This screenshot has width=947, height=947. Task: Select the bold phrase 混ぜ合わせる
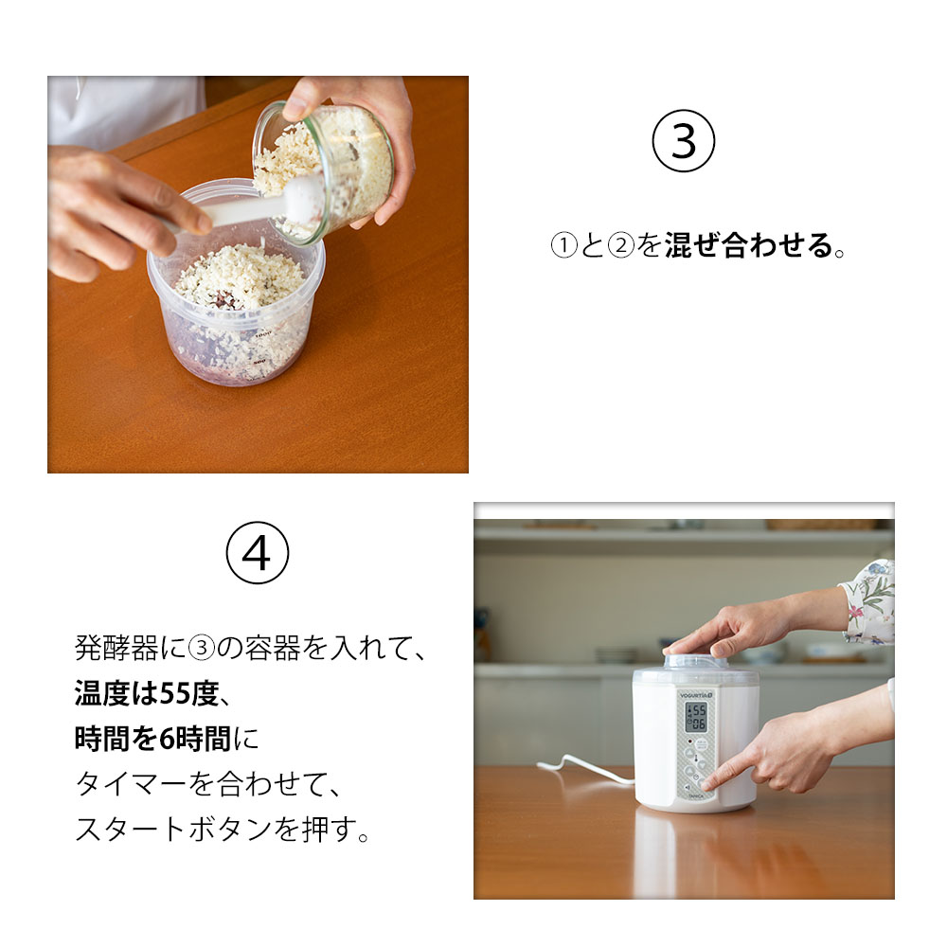748,247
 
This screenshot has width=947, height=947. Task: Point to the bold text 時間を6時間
157,739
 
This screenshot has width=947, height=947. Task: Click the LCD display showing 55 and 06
696,716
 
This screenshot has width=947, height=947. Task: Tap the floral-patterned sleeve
868,600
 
